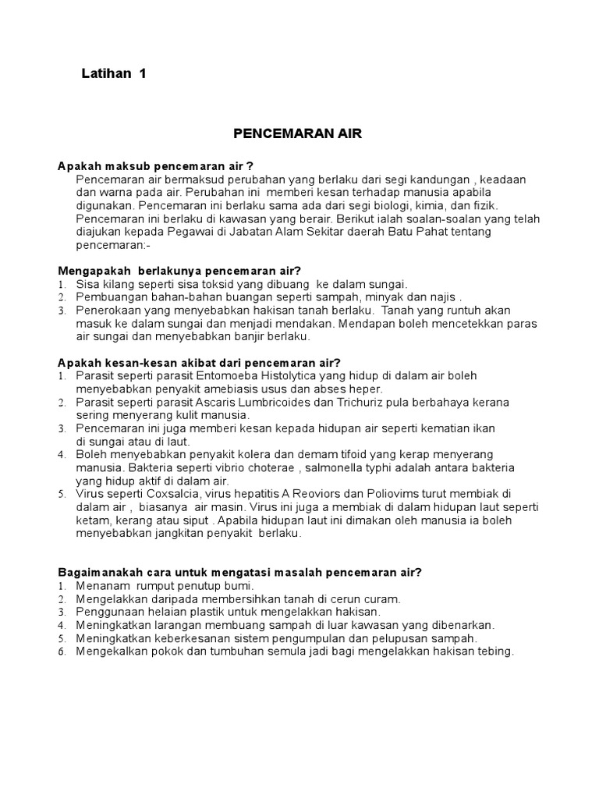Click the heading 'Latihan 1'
click(x=114, y=74)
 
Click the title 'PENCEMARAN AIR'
click(x=298, y=134)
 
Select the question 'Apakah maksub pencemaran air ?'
click(x=156, y=167)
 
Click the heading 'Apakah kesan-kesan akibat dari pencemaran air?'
click(x=199, y=363)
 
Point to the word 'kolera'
click(x=247, y=454)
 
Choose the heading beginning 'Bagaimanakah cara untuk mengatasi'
click(x=240, y=572)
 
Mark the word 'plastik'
click(x=204, y=612)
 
